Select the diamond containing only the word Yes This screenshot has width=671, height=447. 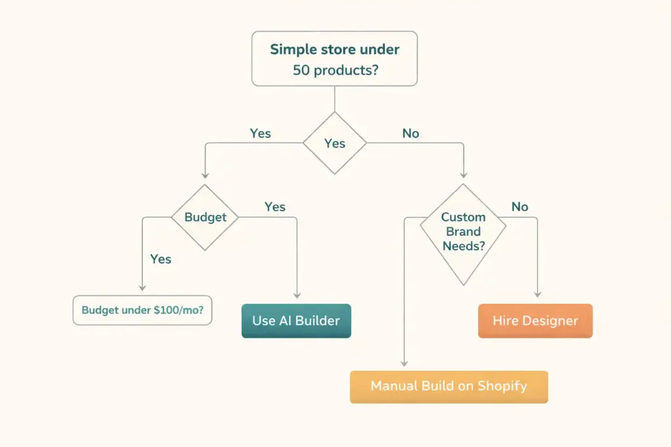pos(334,143)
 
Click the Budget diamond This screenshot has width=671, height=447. pos(205,217)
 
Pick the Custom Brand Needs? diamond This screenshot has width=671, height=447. pos(463,232)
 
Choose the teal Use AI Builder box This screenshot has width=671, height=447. pos(296,321)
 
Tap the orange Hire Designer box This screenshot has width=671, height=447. pos(535,321)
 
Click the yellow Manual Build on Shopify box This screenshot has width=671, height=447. pos(448,386)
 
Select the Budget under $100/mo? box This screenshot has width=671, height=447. pos(142,310)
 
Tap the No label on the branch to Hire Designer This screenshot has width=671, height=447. pos(520,207)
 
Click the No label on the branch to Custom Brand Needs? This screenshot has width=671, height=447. pos(410,134)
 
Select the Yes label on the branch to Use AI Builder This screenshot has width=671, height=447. pos(275,207)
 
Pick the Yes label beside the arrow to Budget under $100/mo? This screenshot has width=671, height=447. pos(161,259)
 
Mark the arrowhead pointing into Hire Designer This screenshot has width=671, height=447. pos(538,296)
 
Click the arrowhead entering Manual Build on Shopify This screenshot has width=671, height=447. pos(404,363)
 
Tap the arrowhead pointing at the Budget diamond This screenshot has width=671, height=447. pos(205,175)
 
